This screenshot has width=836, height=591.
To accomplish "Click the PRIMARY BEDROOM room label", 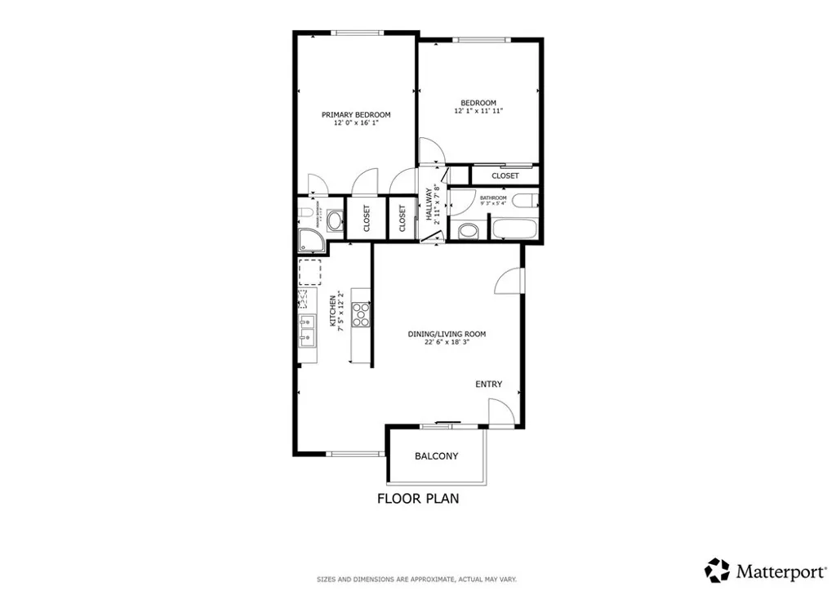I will point(355,115).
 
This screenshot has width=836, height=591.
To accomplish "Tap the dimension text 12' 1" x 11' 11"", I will point(478,111).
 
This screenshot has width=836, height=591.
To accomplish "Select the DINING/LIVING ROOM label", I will point(447,334).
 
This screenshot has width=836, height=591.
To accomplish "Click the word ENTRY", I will point(489,384).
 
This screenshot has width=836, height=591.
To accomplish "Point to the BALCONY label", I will point(436,456).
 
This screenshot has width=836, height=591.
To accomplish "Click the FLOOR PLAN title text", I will point(417,499).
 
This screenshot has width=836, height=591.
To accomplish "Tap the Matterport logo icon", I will point(717,569).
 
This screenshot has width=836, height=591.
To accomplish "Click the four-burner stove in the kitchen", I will point(361,314).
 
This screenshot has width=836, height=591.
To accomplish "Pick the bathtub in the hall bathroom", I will point(513,228).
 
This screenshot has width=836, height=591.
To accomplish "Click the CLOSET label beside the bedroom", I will point(505,176).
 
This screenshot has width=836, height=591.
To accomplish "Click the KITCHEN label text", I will point(333,311).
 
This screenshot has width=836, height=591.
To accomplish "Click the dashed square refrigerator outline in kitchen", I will point(309,270).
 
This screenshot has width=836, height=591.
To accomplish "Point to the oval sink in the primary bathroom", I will point(335,220).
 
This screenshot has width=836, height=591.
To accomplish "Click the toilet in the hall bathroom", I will point(468,231).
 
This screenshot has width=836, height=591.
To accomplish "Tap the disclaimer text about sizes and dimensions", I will point(416,580).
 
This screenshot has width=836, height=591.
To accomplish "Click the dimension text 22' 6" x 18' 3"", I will point(447,343).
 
